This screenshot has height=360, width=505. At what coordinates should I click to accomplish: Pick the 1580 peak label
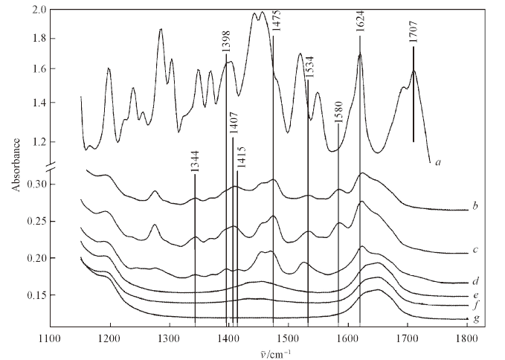click(x=338, y=109)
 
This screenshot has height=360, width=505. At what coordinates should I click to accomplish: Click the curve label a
click(x=438, y=161)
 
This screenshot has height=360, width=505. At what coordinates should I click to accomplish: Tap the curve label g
click(x=465, y=318)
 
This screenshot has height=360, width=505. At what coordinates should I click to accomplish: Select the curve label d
click(x=474, y=282)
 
